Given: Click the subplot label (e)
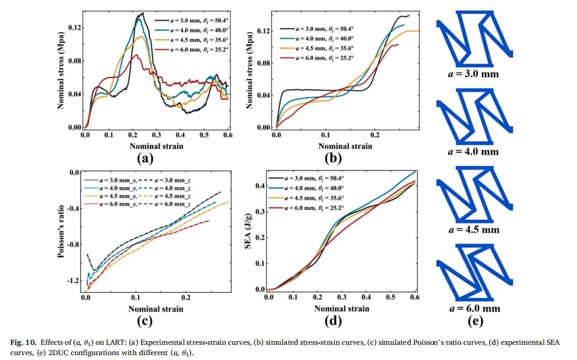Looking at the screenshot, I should point(475,320).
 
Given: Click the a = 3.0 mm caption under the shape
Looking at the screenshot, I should point(475,75).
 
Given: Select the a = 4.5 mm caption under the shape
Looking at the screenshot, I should point(475,230).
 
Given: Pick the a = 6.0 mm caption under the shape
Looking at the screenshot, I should point(475,308).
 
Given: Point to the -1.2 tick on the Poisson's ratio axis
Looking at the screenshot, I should point(74,281).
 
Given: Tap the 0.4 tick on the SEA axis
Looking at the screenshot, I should point(261,186).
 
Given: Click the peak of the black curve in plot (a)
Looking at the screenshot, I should point(142,13).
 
